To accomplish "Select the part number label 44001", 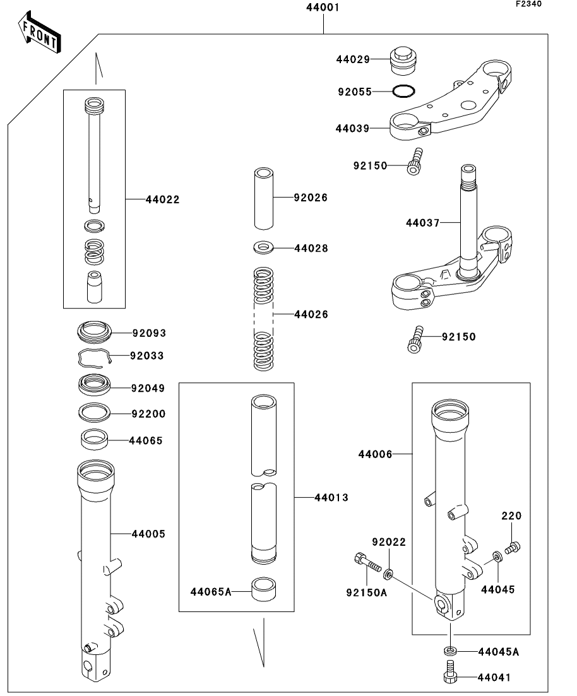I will tap(323, 8).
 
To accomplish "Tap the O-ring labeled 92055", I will tap(403, 91).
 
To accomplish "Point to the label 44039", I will tap(352, 128).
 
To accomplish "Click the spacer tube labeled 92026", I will tap(264, 198).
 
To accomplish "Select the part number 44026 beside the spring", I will tap(311, 314).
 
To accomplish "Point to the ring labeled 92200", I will tap(95, 413).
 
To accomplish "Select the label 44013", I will tap(331, 498).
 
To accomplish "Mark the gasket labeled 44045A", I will tap(449, 651).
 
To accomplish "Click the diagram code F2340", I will tap(528, 4).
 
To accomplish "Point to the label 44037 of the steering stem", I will tap(422, 223).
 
